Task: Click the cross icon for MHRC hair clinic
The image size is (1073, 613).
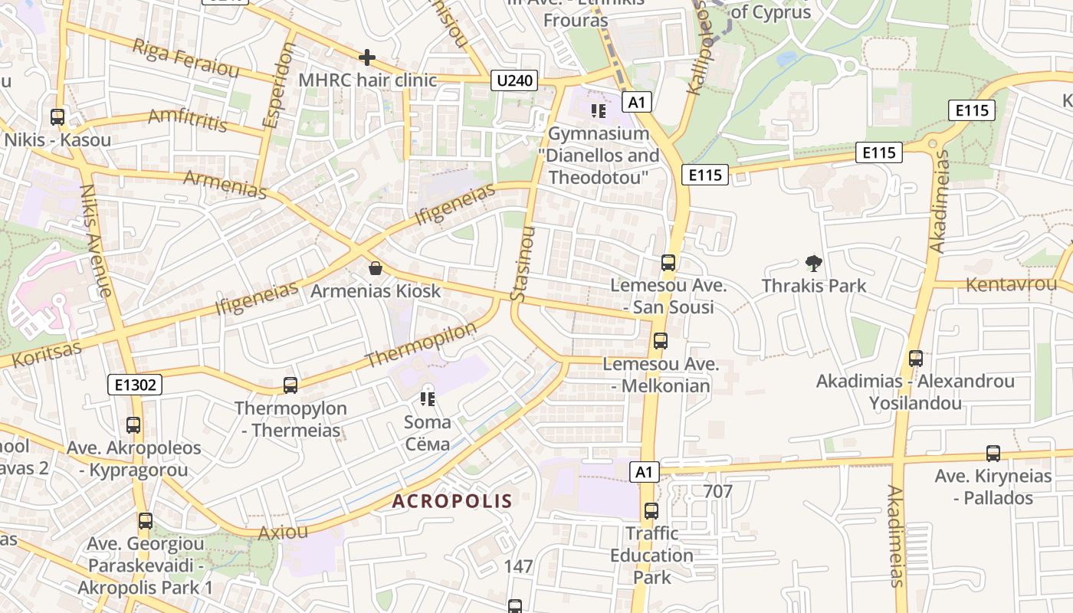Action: [x=367, y=57]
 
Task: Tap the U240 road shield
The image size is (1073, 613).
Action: [x=514, y=80]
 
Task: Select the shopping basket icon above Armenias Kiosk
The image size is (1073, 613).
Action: [x=376, y=268]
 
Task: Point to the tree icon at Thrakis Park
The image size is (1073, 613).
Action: [x=813, y=264]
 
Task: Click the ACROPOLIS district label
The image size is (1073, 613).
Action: [x=451, y=502]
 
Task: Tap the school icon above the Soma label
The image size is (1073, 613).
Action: [x=428, y=398]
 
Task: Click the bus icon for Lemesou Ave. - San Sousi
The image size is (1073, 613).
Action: [x=668, y=263]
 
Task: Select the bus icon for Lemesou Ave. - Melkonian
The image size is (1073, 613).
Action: [x=660, y=341]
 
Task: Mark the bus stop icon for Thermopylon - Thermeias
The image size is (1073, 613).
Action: [x=290, y=385]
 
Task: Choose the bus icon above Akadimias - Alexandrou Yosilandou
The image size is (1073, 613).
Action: [x=915, y=359]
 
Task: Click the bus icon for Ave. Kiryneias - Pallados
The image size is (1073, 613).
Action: [x=993, y=454]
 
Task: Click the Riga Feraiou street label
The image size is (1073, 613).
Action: [x=185, y=57]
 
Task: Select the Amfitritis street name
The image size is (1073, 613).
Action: [x=188, y=120]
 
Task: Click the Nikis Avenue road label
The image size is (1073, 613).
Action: [x=97, y=240]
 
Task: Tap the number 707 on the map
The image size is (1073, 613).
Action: [x=717, y=491]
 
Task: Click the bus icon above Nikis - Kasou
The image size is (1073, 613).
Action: [x=57, y=117]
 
